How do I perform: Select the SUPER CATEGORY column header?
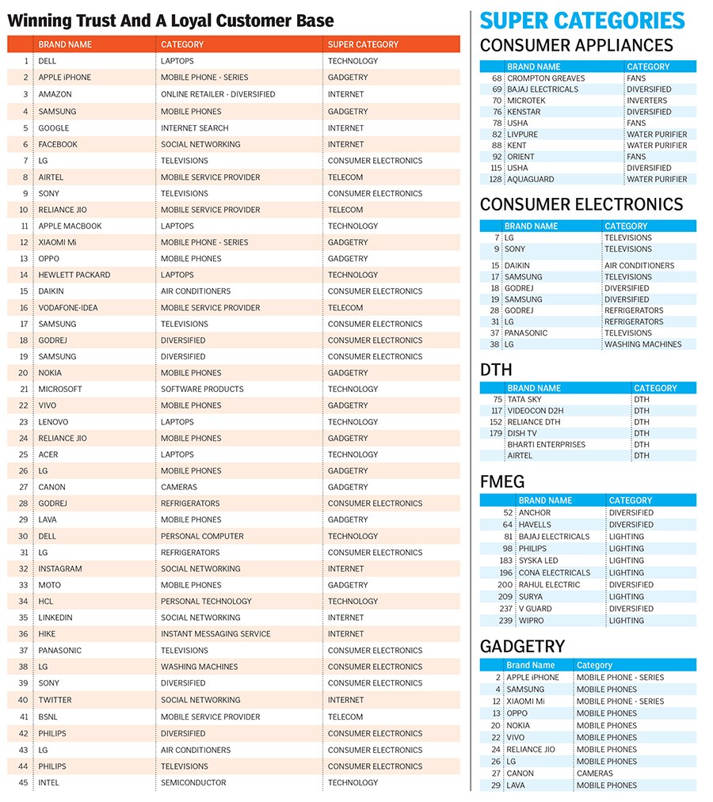click(363, 44)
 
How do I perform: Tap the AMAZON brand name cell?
click(55, 94)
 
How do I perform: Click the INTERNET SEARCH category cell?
click(194, 127)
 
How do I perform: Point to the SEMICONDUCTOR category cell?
click(193, 782)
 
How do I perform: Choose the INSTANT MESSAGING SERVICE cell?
click(215, 633)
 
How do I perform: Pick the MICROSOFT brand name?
click(60, 389)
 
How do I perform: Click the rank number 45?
click(23, 782)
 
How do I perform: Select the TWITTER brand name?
click(55, 700)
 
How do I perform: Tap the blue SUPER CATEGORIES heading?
click(582, 21)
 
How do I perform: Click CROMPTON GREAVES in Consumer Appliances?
click(546, 78)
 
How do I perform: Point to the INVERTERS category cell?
click(646, 101)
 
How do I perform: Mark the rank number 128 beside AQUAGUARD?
click(496, 179)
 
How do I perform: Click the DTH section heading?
click(496, 370)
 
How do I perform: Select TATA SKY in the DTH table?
click(524, 400)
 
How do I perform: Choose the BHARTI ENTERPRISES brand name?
click(546, 444)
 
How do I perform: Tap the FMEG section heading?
click(502, 481)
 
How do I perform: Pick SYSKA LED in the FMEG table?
click(538, 561)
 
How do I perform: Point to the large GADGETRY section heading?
click(522, 646)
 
